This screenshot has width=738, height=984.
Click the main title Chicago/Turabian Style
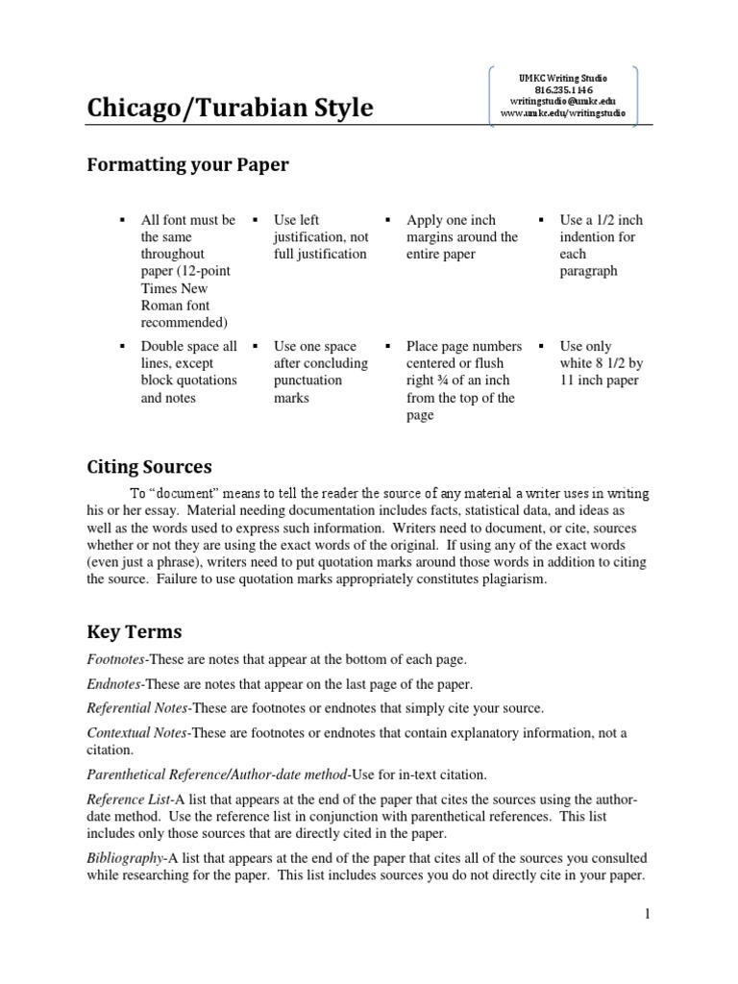click(230, 109)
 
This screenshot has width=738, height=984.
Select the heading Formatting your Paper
click(187, 164)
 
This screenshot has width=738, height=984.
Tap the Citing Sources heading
click(149, 467)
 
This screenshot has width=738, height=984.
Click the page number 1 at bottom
click(648, 914)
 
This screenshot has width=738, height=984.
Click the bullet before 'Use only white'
click(542, 346)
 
